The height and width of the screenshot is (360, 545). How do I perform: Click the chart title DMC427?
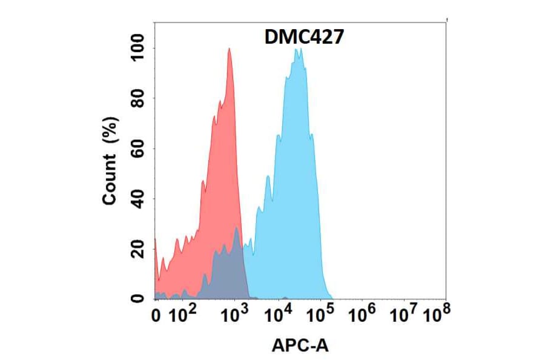point(305,38)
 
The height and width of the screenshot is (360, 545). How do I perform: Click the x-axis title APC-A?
point(300,345)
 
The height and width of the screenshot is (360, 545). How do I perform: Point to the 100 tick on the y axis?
point(138,48)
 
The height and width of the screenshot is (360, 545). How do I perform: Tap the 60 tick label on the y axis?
point(138,148)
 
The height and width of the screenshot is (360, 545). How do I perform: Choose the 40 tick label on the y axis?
point(138,199)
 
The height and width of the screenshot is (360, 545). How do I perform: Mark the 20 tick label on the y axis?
point(138,248)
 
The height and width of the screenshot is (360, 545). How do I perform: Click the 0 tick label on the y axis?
point(138,298)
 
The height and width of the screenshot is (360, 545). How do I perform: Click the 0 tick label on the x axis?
point(156,316)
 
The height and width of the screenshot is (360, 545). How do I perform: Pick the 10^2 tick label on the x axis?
point(182,315)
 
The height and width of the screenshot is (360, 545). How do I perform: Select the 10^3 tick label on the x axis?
point(235,315)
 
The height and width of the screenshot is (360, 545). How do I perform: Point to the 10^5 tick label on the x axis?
point(321,315)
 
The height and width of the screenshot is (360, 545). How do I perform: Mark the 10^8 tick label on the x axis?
point(437,315)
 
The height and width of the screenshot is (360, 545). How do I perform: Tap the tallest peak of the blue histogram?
point(297,50)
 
